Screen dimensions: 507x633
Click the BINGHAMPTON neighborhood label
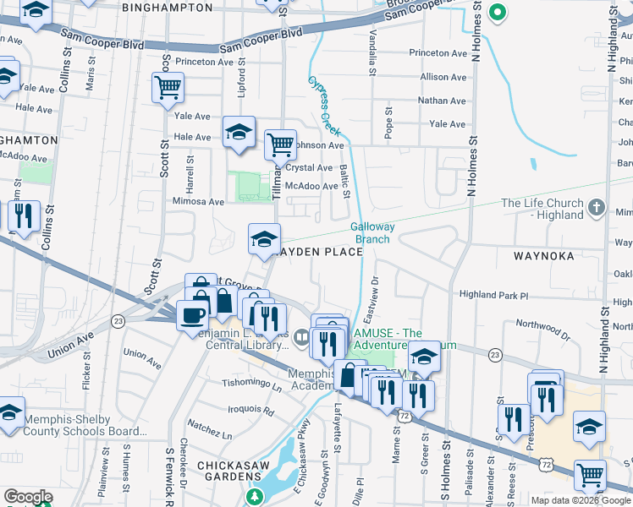[167, 7]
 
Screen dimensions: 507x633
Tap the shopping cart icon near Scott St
[168, 86]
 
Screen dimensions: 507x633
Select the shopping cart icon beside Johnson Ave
[280, 144]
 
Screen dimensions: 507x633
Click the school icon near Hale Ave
[239, 132]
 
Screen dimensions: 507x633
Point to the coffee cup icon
[192, 315]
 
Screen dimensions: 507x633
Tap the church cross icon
[597, 206]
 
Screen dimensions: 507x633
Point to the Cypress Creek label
[324, 106]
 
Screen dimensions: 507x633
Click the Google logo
[28, 497]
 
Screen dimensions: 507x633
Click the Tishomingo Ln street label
[252, 387]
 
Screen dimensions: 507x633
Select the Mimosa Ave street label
[198, 202]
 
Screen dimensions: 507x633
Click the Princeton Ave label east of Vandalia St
[438, 53]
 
